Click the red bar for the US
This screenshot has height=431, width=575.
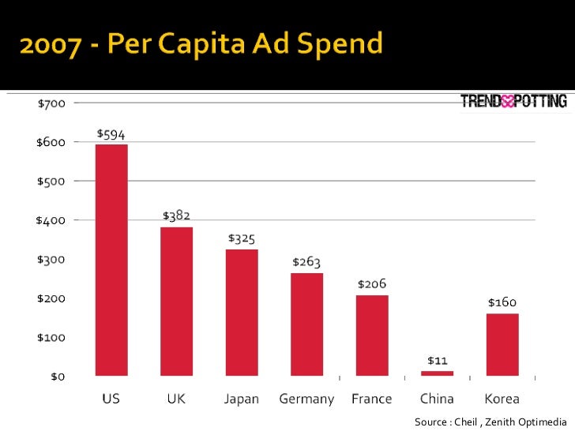(111, 260)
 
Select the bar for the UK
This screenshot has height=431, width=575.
(177, 301)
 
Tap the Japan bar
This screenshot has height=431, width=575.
(242, 312)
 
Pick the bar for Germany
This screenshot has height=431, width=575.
(306, 324)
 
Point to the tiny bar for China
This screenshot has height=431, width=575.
(437, 373)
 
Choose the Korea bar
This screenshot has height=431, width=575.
(502, 344)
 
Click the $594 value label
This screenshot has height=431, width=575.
(111, 134)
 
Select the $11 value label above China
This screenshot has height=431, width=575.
(437, 360)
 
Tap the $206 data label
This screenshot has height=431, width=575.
(371, 283)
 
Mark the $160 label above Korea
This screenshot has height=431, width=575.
(502, 302)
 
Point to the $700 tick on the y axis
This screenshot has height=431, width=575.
(51, 103)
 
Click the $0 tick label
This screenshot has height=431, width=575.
(58, 377)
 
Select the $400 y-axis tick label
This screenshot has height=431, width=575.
(51, 220)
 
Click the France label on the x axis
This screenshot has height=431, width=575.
(371, 399)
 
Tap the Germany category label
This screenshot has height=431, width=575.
(306, 399)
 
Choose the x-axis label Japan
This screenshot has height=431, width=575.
(242, 399)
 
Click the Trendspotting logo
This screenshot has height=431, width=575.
(513, 101)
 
